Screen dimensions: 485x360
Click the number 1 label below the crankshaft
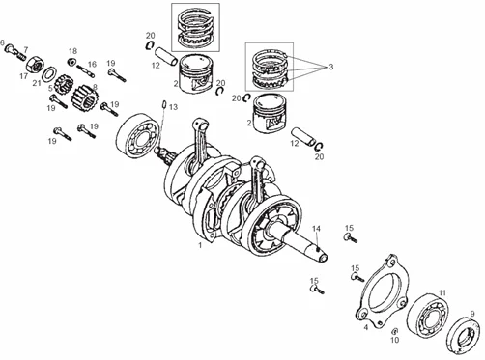point(200,245)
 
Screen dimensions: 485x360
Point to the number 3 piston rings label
point(330,67)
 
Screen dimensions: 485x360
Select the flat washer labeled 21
point(49,74)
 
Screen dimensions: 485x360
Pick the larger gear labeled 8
point(84,98)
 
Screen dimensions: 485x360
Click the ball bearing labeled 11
point(427,314)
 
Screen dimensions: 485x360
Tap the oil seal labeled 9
point(464,335)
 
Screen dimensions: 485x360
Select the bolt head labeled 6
point(10,48)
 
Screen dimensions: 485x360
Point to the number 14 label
point(316,229)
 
